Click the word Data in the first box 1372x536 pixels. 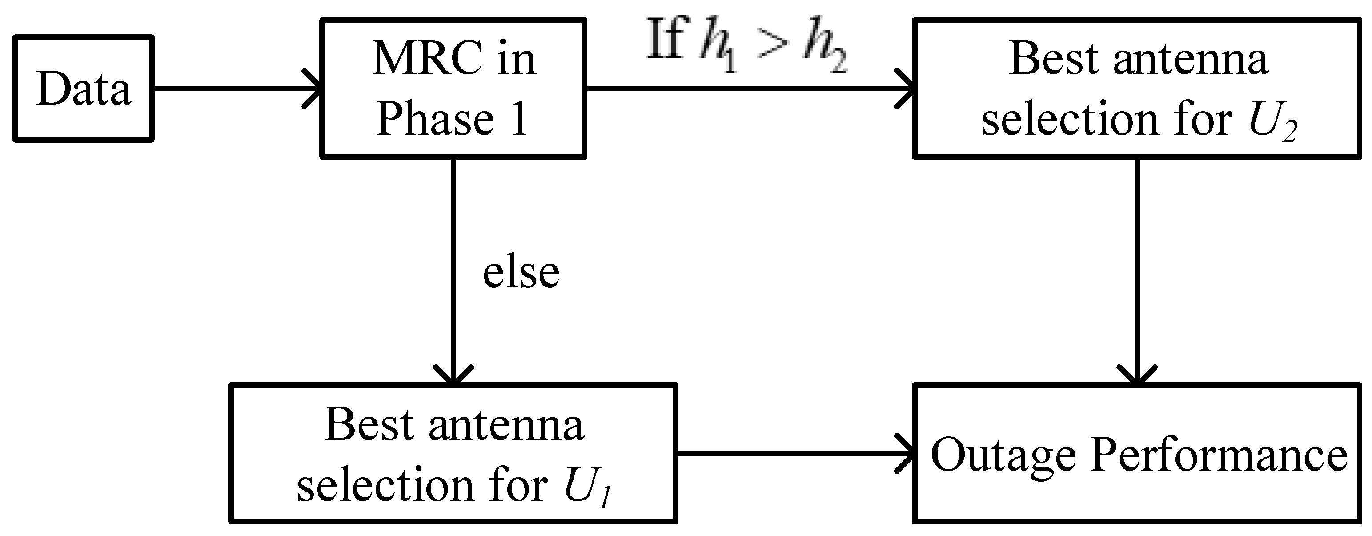pos(84,89)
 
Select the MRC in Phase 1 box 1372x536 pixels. pos(453,89)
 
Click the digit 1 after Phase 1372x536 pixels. pos(519,118)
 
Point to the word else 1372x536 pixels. pos(521,272)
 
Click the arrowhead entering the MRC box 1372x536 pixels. pos(313,89)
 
